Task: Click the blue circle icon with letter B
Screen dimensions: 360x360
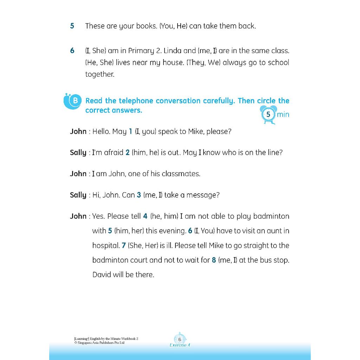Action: click(75, 101)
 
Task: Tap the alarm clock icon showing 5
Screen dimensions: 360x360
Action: click(268, 115)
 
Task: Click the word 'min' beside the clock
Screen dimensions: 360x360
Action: click(283, 114)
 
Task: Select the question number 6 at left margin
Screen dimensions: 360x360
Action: click(72, 51)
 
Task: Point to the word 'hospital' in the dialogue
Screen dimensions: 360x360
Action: click(105, 245)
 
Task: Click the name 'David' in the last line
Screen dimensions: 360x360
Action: click(102, 275)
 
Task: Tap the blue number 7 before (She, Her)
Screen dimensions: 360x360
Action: click(124, 245)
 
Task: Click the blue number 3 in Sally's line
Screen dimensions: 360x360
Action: click(139, 195)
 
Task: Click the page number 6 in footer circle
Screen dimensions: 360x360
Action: click(180, 340)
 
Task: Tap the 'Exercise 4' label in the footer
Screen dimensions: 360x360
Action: click(180, 345)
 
